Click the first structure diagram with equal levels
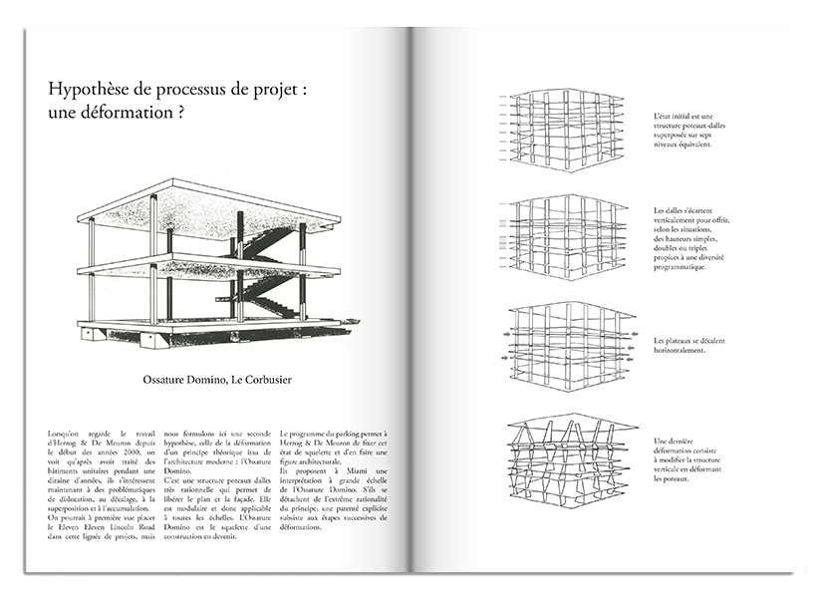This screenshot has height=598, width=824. pos(565,130)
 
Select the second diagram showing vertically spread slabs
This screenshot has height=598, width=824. pos(565,239)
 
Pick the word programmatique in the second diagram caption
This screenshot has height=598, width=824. pos(687,266)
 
